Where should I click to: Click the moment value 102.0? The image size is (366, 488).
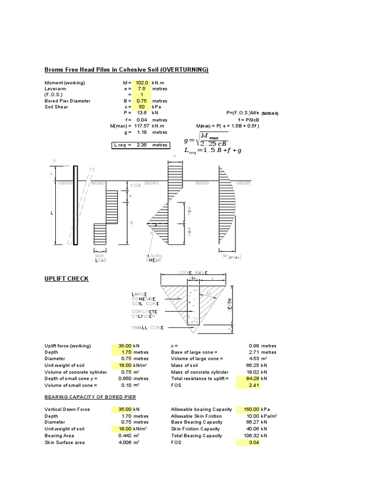(x=142, y=82)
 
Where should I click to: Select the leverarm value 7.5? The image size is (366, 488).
(x=142, y=89)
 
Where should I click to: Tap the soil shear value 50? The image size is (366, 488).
(x=142, y=107)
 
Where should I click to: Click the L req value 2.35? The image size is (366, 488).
(x=142, y=145)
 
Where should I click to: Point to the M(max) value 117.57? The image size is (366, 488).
(x=142, y=126)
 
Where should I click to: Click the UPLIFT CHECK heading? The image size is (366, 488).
(x=66, y=278)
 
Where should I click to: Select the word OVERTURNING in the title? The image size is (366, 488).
(x=184, y=70)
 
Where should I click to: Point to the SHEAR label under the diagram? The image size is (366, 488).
(x=154, y=261)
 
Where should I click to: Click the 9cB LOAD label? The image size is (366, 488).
(x=100, y=258)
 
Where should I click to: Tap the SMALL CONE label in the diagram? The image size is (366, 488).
(x=148, y=327)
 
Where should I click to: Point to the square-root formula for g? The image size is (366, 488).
(x=206, y=140)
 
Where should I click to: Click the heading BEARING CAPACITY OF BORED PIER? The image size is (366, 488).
(x=91, y=397)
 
